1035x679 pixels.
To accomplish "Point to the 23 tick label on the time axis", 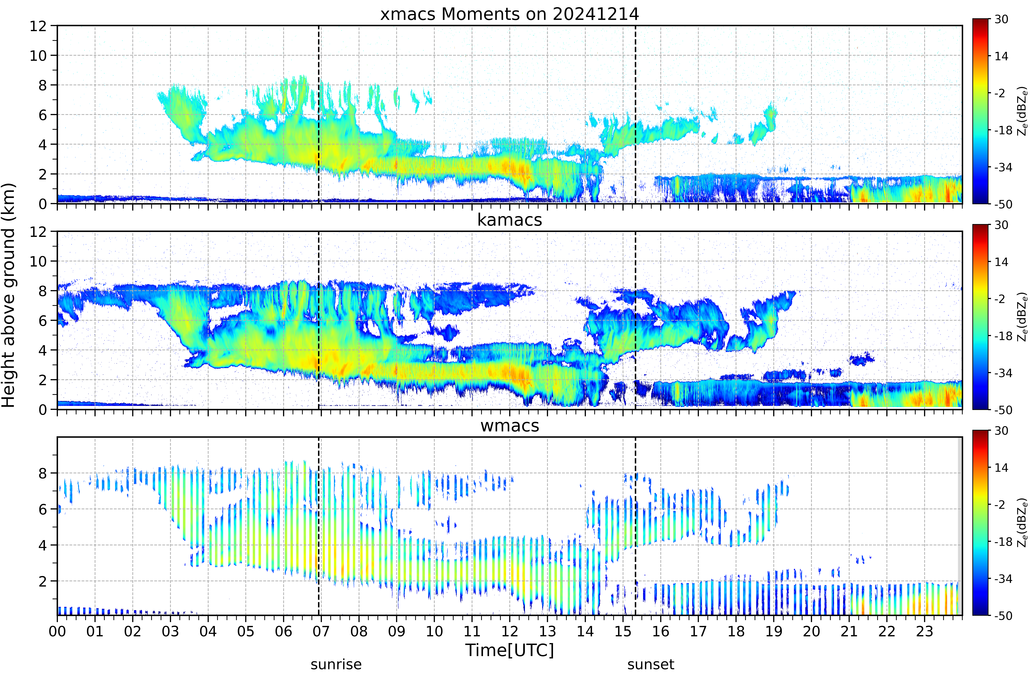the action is (925, 631).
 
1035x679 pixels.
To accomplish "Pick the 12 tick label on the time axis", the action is (510, 631).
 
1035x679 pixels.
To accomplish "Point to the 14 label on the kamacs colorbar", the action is (1002, 262).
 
